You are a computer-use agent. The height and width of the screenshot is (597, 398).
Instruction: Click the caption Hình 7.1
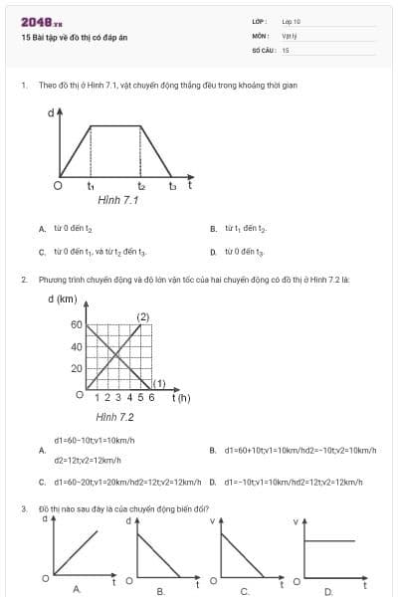pyautogui.click(x=117, y=200)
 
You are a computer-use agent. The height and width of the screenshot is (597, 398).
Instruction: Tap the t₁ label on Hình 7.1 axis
pyautogui.click(x=91, y=185)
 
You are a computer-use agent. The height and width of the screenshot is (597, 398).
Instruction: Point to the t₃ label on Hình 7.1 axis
pyautogui.click(x=172, y=185)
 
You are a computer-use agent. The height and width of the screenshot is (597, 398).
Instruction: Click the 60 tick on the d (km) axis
pyautogui.click(x=76, y=325)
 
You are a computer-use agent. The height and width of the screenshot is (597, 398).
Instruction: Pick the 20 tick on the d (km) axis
pyautogui.click(x=76, y=368)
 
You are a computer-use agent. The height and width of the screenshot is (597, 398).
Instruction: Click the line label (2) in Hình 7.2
pyautogui.click(x=142, y=316)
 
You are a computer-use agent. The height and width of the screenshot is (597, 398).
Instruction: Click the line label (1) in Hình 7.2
pyautogui.click(x=158, y=383)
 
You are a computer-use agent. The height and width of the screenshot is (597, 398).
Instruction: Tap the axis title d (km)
pyautogui.click(x=63, y=298)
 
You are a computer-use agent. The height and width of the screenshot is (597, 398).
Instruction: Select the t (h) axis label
pyautogui.click(x=181, y=397)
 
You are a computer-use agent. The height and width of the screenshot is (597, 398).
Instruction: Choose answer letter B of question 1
pyautogui.click(x=213, y=229)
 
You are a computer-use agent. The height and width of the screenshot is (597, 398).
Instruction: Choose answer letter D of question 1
pyautogui.click(x=213, y=252)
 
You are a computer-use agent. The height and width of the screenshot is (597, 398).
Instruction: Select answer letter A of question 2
pyautogui.click(x=42, y=451)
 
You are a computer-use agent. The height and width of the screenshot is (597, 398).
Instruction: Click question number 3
pyautogui.click(x=23, y=508)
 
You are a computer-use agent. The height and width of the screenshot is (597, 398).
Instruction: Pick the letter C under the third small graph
pyautogui.click(x=244, y=591)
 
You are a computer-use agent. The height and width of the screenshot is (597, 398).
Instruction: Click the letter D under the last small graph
pyautogui.click(x=327, y=591)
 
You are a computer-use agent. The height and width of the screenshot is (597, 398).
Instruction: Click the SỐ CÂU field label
pyautogui.click(x=262, y=49)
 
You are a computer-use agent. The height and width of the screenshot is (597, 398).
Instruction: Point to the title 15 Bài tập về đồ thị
pyautogui.click(x=75, y=38)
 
